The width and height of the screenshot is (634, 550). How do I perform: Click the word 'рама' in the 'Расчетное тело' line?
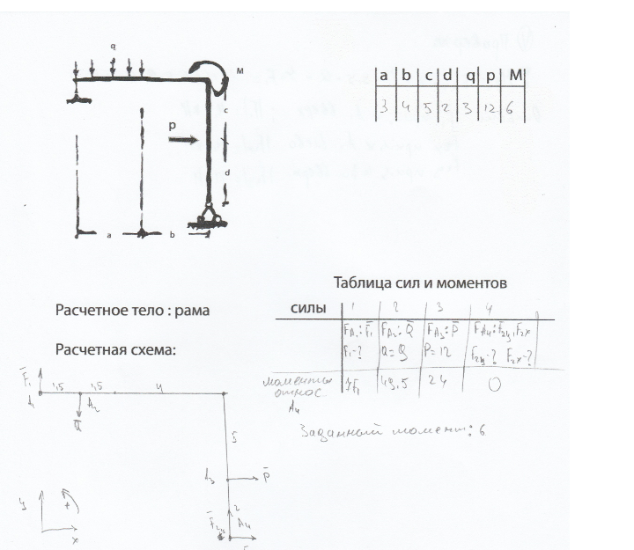(x=193, y=311)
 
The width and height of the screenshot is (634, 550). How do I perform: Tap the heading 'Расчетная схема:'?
(x=116, y=349)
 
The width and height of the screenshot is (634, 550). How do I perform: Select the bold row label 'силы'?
(x=309, y=308)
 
